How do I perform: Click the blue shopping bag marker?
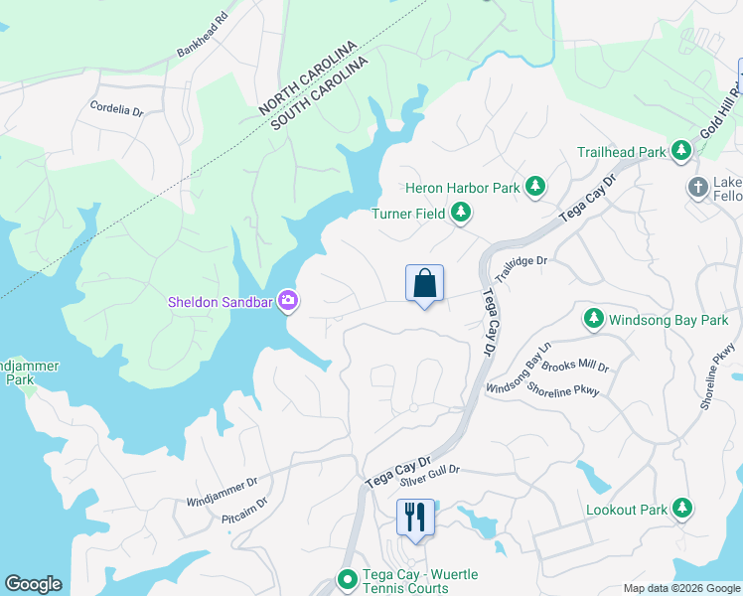(x=424, y=284)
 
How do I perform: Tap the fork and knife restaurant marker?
(x=414, y=518)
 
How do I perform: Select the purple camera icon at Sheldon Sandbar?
(x=288, y=299)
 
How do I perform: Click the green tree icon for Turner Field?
(x=460, y=212)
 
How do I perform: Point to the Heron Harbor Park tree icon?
(x=535, y=186)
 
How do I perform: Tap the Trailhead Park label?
(x=622, y=152)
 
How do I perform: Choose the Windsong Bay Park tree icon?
(x=593, y=319)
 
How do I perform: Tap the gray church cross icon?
(x=697, y=187)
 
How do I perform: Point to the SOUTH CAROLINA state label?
(x=319, y=91)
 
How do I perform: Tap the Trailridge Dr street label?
(x=521, y=268)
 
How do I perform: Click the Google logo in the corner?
(x=33, y=584)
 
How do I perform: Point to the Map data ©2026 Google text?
(x=681, y=588)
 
